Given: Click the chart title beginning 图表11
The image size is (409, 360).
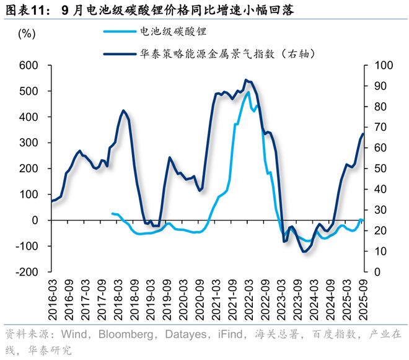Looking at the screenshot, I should pos(149,10).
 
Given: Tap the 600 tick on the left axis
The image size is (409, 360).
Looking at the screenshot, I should pos(29,65).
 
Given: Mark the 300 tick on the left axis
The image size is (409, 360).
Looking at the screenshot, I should pos(29,143).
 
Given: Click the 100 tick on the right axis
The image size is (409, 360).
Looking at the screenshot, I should pos(379,65).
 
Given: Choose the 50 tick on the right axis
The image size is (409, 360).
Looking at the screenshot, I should pos(376,169).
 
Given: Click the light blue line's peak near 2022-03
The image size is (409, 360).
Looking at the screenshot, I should pos(248,92).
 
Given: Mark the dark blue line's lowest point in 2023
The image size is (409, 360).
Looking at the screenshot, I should pos(304,251).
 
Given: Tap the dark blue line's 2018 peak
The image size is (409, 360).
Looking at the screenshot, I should pos(123,111).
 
